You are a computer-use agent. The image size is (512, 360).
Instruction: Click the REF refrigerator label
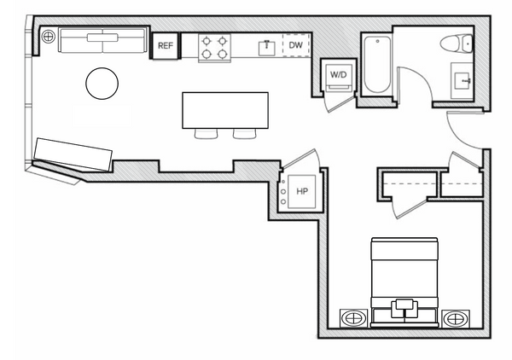(166, 46)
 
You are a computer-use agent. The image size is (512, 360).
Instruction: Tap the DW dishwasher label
(296, 45)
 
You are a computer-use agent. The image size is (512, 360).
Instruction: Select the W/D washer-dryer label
(338, 75)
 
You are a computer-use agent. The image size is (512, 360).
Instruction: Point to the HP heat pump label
(302, 191)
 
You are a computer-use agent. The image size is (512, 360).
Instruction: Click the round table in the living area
(102, 84)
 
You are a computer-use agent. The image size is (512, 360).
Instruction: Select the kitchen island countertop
(225, 110)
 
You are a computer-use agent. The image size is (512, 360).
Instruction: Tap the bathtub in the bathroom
(377, 65)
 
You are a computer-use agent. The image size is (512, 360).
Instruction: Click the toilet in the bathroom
(457, 44)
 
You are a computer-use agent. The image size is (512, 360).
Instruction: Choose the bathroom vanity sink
(462, 81)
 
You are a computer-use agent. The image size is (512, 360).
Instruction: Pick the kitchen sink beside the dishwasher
(267, 48)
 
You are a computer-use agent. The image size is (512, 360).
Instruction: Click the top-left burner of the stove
(207, 41)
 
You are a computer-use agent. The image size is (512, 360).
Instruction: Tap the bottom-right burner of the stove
(223, 54)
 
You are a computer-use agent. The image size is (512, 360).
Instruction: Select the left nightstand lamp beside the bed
(353, 318)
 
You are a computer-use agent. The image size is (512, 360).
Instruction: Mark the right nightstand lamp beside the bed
(456, 318)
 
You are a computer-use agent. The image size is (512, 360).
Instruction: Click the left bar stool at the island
(206, 133)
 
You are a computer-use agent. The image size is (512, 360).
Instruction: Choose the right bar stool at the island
(245, 133)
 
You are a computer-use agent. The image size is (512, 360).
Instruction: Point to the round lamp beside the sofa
(49, 36)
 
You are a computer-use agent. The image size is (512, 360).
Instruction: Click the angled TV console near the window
(73, 154)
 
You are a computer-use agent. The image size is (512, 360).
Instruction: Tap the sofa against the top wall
(102, 40)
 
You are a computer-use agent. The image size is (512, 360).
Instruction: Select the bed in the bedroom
(404, 282)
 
